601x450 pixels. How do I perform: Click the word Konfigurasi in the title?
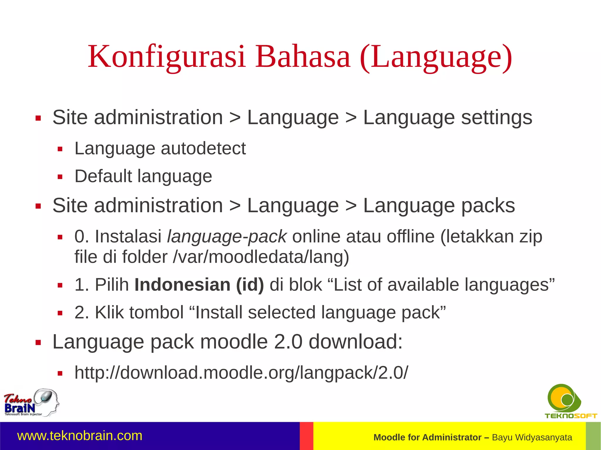166,56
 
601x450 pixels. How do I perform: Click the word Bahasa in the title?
303,56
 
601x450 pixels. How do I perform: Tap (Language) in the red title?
436,56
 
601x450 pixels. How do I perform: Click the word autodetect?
203,148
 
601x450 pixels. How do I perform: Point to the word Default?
103,176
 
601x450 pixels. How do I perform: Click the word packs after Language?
488,206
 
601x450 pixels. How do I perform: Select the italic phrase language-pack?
227,237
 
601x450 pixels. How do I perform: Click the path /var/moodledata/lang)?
261,257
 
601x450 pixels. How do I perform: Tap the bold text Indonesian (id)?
199,285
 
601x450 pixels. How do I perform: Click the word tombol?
156,313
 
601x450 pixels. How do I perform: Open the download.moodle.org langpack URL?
241,373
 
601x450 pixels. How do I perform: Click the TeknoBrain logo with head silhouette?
31,403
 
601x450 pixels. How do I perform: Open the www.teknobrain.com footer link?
80,436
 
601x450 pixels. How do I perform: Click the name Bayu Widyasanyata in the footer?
532,437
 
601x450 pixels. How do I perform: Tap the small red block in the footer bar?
306,436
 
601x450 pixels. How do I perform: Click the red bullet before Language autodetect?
60,149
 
